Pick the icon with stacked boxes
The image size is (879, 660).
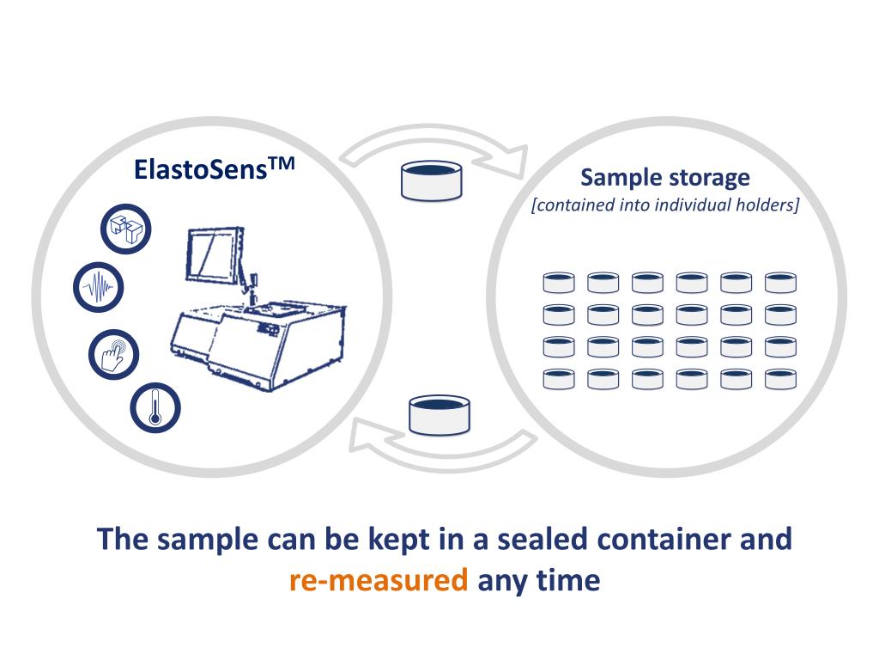click(126, 227)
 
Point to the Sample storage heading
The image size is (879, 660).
click(665, 178)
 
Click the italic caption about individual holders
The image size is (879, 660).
click(665, 205)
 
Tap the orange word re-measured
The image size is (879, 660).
click(379, 580)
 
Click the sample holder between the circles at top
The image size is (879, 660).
click(432, 180)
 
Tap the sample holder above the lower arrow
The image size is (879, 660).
click(439, 414)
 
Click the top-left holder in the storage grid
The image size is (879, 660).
click(558, 283)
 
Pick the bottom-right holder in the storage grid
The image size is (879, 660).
click(781, 378)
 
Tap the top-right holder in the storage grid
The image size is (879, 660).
click(781, 283)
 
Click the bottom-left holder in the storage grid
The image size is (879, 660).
click(558, 378)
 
